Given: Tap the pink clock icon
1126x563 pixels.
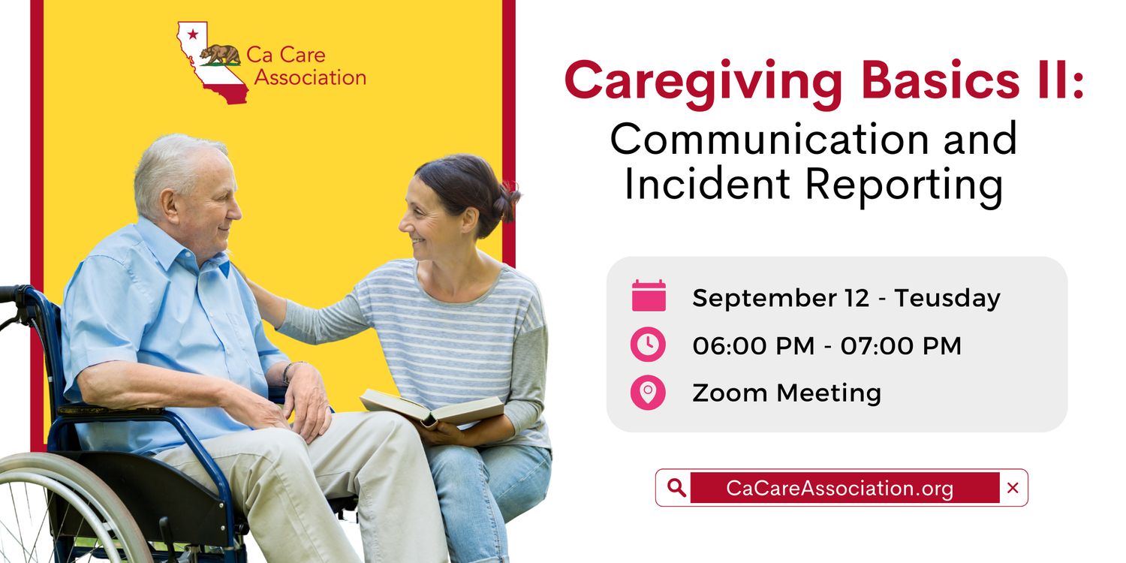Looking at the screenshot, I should click(648, 345).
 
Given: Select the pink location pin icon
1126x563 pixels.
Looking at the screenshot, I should click(648, 392).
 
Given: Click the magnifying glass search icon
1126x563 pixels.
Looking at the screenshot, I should click(676, 488).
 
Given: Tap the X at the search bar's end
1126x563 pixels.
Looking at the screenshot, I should click(1013, 488).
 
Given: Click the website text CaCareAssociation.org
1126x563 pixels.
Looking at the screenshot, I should click(839, 489).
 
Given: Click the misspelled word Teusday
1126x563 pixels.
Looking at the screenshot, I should click(947, 298).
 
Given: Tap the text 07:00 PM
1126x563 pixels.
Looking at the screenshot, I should click(901, 345).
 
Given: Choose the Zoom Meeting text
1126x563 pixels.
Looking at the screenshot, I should click(786, 393).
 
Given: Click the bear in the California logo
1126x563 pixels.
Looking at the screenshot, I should click(220, 54).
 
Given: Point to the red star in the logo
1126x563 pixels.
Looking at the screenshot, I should click(192, 34).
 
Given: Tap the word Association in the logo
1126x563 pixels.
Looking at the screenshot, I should click(310, 77).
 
